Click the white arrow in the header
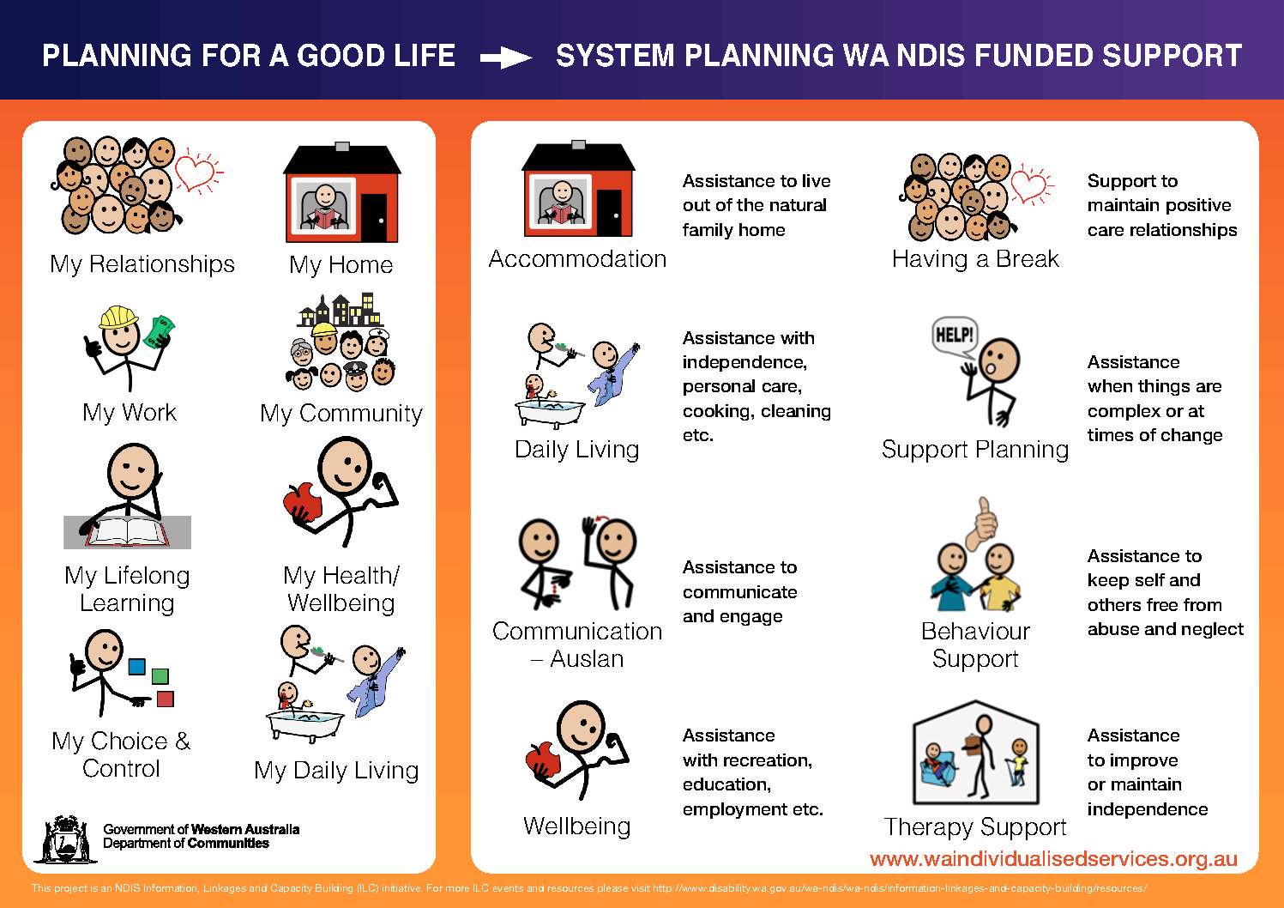click(505, 58)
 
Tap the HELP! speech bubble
click(955, 336)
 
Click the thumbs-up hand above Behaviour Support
click(982, 524)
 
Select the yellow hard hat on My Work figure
click(118, 318)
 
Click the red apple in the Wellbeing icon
click(542, 760)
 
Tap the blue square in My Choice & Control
click(137, 667)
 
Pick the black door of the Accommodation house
click(609, 212)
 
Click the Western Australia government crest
click(65, 839)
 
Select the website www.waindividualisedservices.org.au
click(1053, 859)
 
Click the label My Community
click(341, 414)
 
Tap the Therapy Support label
click(975, 827)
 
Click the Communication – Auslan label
click(577, 645)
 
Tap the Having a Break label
click(975, 259)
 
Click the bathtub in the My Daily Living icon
click(305, 724)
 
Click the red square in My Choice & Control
click(165, 699)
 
